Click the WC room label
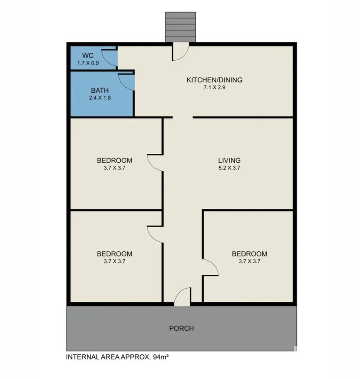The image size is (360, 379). pos(87,56)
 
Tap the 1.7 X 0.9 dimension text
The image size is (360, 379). pos(88,63)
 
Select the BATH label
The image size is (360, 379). pos(100,91)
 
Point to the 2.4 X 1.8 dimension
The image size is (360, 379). pos(100,98)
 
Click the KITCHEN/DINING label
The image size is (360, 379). pos(214,80)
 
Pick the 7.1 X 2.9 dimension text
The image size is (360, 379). pos(214,88)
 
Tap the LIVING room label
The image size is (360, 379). pos(229,160)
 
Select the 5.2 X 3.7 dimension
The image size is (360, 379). pos(229,168)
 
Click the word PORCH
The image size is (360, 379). pos(181,328)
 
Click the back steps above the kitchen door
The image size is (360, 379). pos(180,27)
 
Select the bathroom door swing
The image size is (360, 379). pos(126,82)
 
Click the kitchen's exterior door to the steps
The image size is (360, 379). pos(181,52)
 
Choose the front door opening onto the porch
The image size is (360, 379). pos(182,297)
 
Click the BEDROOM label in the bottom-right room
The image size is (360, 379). pos(249,254)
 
